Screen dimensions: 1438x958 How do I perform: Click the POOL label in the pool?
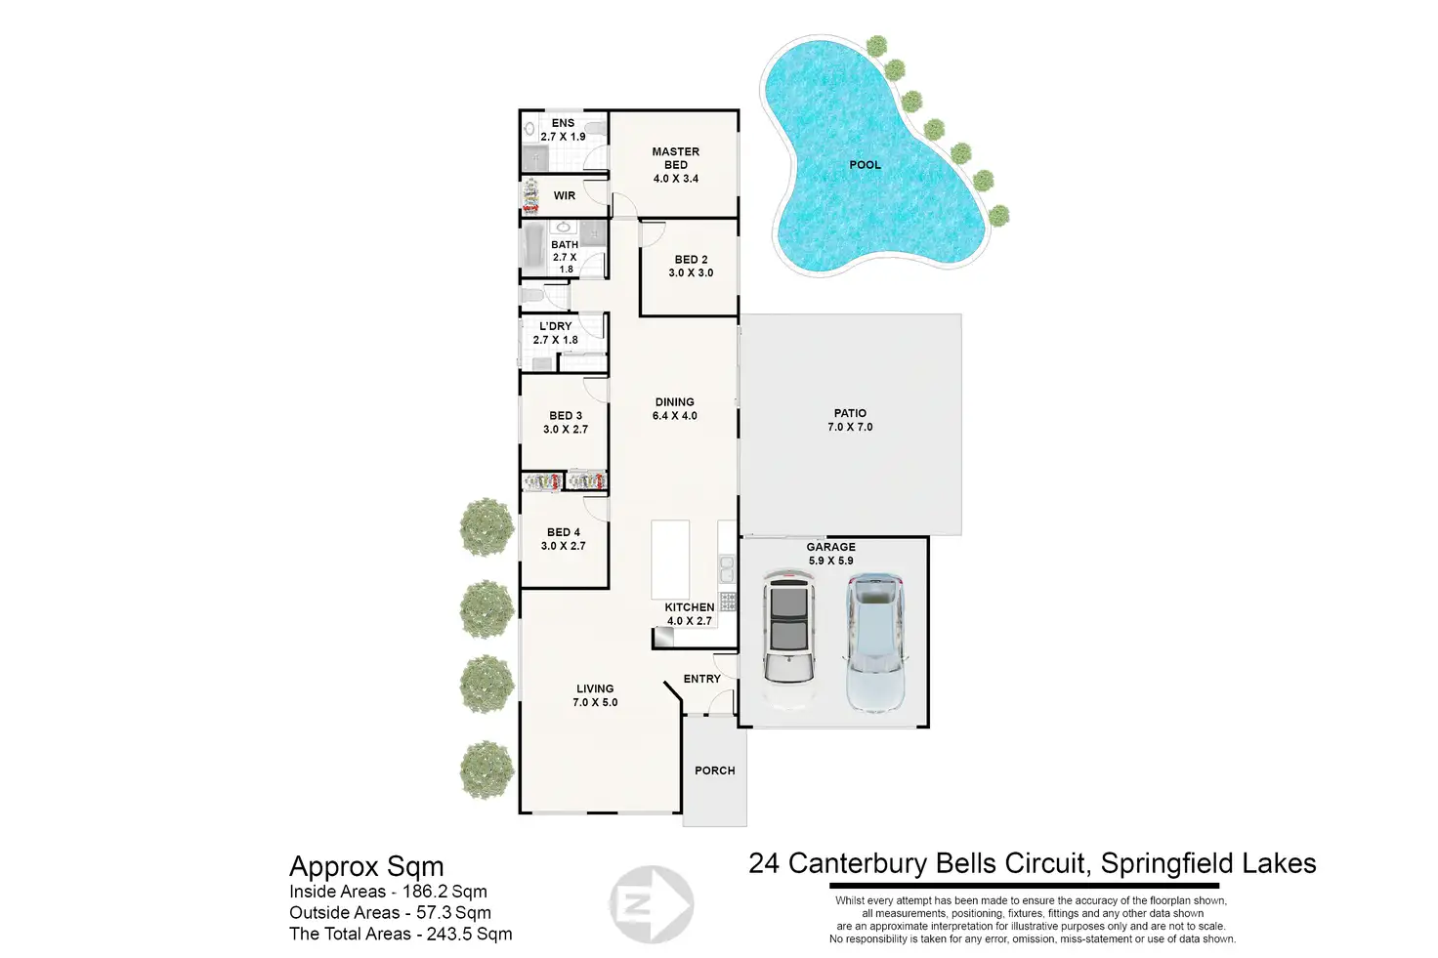865,165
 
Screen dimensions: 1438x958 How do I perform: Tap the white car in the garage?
789,640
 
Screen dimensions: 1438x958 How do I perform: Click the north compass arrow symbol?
651,904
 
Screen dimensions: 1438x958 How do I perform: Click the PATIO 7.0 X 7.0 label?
850,420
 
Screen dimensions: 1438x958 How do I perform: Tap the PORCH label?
715,771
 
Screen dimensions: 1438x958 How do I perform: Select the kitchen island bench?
671,559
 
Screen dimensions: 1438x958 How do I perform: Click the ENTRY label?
701,679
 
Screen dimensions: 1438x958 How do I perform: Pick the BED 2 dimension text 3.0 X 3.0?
691,273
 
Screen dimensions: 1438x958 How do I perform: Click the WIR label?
565,195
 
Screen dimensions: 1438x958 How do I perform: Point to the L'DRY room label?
556,326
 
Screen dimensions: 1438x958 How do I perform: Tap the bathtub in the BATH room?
533,250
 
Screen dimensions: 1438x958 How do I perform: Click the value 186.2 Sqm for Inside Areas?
444,892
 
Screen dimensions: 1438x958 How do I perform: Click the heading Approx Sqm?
366,866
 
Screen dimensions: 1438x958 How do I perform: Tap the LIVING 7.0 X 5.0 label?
595,695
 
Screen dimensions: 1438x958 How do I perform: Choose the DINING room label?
675,402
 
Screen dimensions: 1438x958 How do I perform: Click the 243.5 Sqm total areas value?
470,934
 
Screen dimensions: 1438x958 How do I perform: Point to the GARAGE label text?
831,547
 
